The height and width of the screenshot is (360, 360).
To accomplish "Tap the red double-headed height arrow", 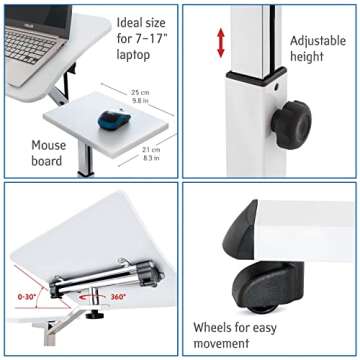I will click(221, 42).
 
